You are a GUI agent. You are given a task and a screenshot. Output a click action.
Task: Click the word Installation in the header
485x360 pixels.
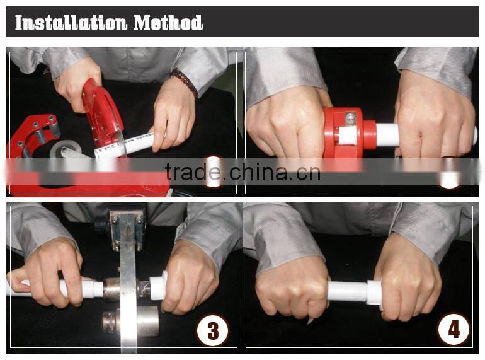[x=71, y=22]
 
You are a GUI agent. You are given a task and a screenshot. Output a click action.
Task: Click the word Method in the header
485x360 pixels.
[x=168, y=22]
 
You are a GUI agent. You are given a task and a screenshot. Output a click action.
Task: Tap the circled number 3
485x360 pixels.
[x=213, y=330]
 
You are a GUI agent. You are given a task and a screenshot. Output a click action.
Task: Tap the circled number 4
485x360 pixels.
[x=454, y=329]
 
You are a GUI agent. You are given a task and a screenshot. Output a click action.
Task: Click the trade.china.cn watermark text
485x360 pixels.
[x=243, y=172]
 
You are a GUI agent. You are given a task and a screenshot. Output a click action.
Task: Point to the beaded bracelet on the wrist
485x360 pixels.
[x=184, y=81]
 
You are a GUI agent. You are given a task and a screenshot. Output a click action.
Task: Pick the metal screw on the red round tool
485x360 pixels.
[x=350, y=119]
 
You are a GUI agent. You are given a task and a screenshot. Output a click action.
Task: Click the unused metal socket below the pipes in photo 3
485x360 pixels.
[x=132, y=323]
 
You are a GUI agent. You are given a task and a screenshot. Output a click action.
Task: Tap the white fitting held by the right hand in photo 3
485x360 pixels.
[x=158, y=286]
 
